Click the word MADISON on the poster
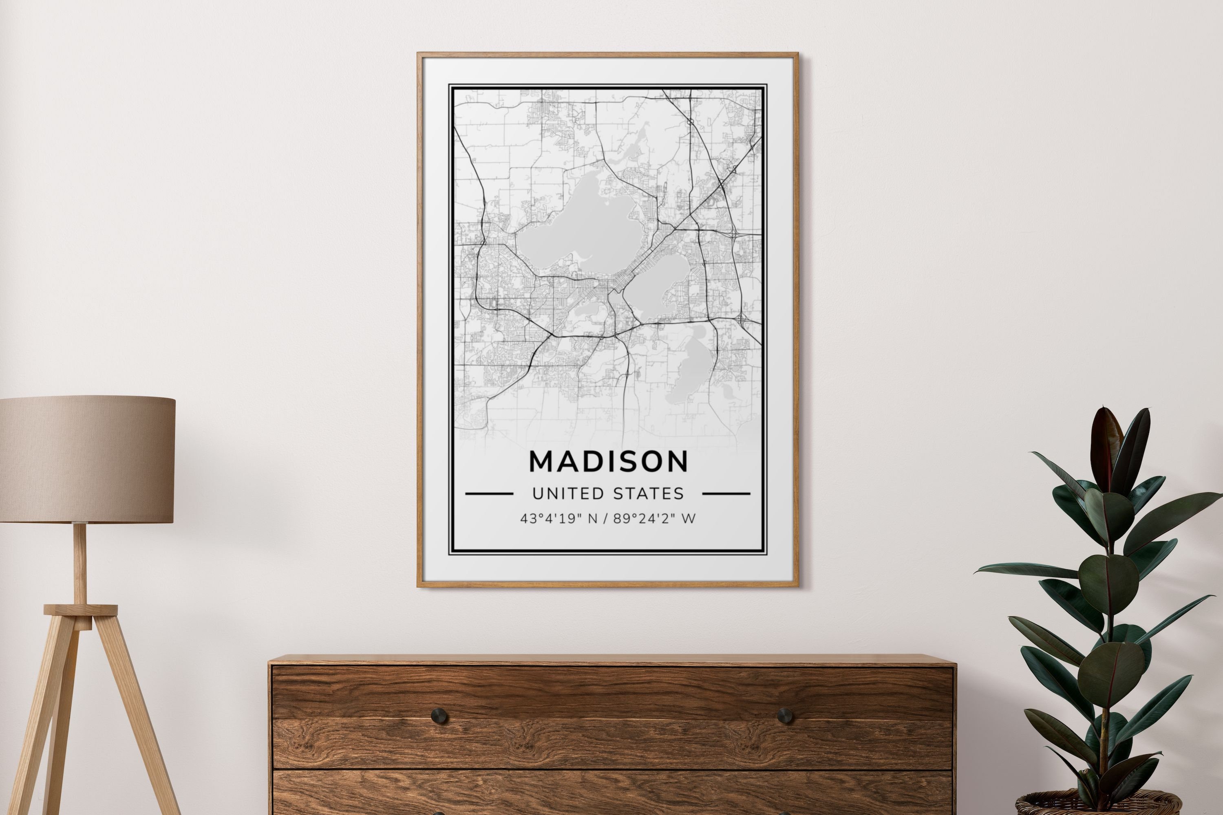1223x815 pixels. tap(608, 462)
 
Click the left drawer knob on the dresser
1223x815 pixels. tap(439, 716)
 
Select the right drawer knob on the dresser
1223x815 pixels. tap(785, 716)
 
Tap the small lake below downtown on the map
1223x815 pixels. tap(587, 312)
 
